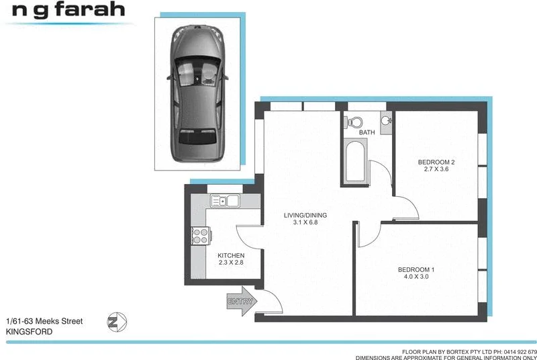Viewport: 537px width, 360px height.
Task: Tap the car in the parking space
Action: click(197, 93)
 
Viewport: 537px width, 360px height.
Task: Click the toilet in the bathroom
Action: click(354, 122)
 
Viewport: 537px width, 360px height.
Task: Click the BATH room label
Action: click(367, 132)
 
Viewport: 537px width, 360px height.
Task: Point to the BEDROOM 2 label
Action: click(436, 162)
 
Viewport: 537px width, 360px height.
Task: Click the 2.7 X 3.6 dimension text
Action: click(436, 170)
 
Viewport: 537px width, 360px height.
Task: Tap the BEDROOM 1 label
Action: click(416, 270)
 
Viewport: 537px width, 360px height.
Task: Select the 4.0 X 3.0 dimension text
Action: click(416, 277)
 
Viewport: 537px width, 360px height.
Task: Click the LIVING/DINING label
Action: click(300, 215)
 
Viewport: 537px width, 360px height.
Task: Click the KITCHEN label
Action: click(231, 256)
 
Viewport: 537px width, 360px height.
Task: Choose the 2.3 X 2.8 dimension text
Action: click(231, 263)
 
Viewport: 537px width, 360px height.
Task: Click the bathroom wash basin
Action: click(385, 121)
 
